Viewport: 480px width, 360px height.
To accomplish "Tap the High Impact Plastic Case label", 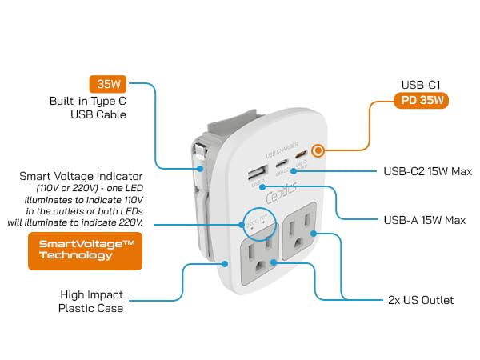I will [x=90, y=301].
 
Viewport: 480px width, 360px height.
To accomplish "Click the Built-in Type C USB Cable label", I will [x=89, y=108].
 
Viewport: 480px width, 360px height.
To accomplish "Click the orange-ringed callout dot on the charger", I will [x=318, y=150].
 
